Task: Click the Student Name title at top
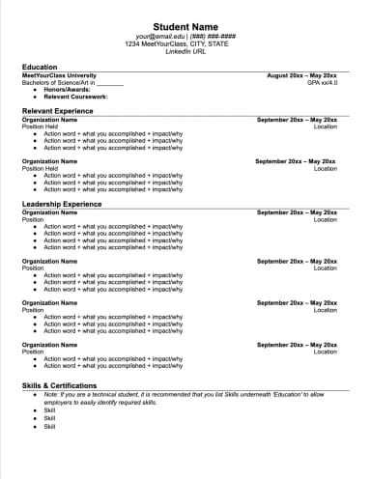click(185, 26)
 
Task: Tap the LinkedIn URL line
click(185, 51)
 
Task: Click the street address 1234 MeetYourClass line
click(185, 44)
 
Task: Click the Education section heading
click(40, 67)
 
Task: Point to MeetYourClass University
click(59, 75)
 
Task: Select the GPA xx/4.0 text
click(322, 82)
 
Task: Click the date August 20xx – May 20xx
click(301, 75)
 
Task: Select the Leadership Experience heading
click(62, 204)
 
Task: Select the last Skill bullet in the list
click(49, 426)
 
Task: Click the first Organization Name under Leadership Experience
click(49, 212)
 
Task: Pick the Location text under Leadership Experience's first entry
click(326, 219)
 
